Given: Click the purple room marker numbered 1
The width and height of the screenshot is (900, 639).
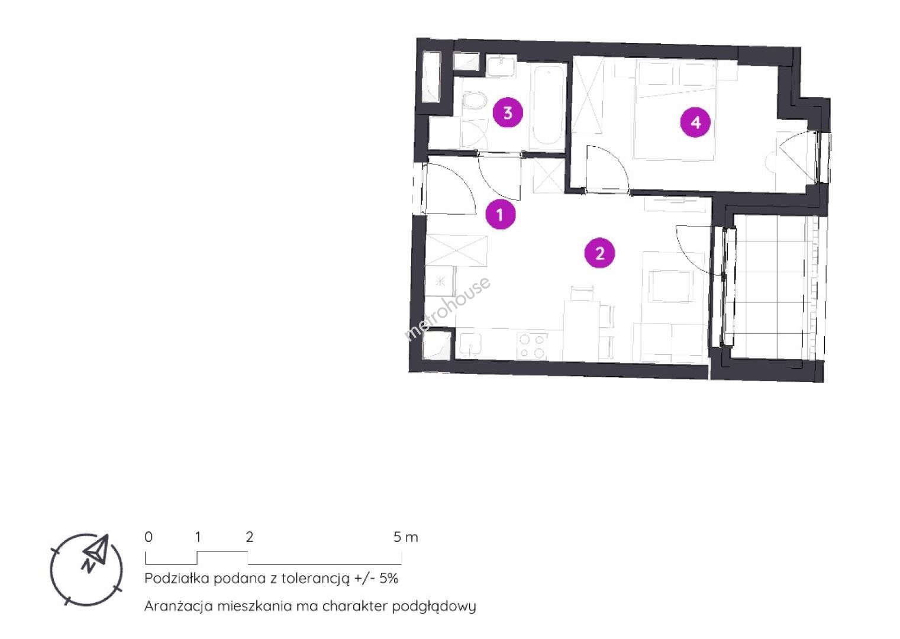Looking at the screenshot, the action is click(500, 214).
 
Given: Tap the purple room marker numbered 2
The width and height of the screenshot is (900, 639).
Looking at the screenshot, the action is click(600, 253).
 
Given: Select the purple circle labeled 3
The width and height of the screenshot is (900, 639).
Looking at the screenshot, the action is click(508, 113).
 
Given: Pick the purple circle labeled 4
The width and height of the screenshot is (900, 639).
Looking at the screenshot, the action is click(695, 122).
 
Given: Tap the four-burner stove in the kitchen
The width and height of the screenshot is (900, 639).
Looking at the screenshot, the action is click(531, 346).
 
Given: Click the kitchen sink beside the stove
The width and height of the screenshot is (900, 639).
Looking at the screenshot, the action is click(470, 346).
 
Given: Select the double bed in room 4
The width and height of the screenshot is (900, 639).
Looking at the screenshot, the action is click(675, 110).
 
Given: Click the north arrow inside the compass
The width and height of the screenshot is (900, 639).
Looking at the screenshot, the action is click(96, 552).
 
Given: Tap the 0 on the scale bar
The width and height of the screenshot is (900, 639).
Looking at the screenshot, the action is click(149, 537).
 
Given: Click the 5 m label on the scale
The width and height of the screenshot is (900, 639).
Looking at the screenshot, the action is click(405, 537).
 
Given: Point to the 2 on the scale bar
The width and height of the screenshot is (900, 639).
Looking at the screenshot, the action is click(250, 537).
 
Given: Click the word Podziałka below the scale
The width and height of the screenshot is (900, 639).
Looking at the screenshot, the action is click(177, 578).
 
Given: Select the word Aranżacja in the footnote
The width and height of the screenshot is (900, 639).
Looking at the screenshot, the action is click(178, 606).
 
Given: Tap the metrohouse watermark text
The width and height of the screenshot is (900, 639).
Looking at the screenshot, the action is click(447, 308).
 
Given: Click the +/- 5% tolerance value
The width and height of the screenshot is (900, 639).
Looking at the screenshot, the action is click(376, 578).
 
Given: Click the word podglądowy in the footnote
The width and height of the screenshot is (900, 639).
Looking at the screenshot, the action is click(434, 606).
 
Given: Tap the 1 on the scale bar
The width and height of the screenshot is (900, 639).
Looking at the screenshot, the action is click(198, 537).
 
